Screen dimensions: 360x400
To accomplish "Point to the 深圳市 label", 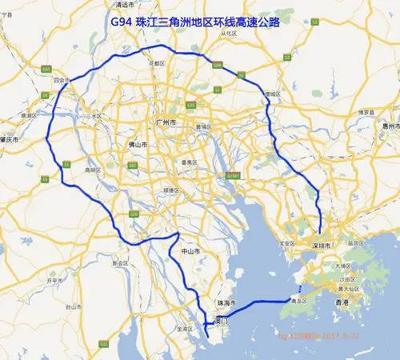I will pos(323,247).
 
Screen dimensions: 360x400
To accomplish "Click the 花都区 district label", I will pos(157,62).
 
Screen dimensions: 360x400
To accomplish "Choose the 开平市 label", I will pos(55,282).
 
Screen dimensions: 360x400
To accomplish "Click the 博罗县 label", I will pos(366,112).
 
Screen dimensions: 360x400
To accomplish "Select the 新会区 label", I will pos(121,262).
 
